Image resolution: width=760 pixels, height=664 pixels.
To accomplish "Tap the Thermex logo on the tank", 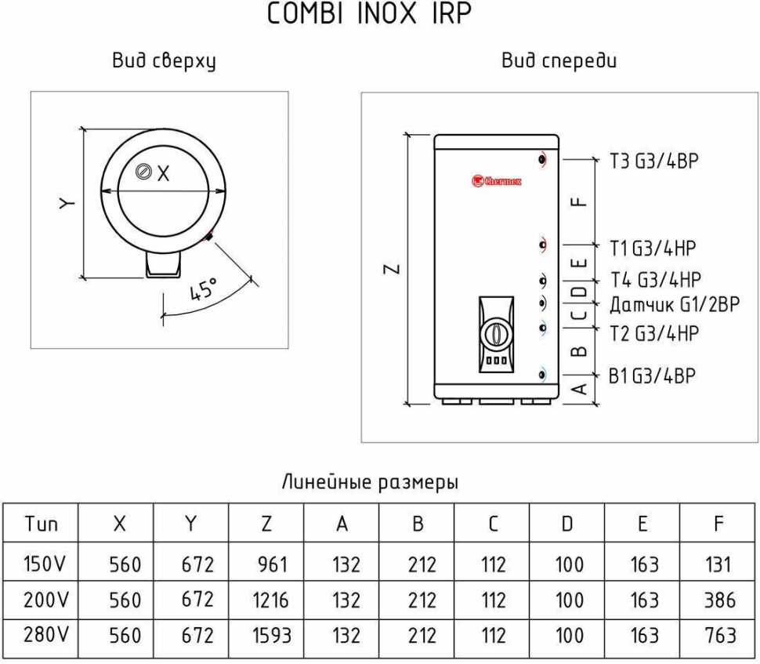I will click(496, 181).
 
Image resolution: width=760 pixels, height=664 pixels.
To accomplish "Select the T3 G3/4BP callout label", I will click(653, 161).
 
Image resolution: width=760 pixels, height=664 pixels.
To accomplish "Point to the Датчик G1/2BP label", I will click(674, 305).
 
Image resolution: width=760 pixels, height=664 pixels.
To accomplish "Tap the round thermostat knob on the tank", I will click(494, 333).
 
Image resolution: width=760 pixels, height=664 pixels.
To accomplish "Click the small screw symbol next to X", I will click(143, 173).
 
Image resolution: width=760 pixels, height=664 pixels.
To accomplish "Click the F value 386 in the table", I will click(718, 601).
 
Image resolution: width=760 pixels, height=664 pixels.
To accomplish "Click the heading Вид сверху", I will click(164, 61).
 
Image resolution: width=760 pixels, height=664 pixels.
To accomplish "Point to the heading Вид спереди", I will click(559, 61).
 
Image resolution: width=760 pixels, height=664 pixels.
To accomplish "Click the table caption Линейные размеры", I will click(370, 482).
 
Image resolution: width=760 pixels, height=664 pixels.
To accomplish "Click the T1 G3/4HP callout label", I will click(653, 249).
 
